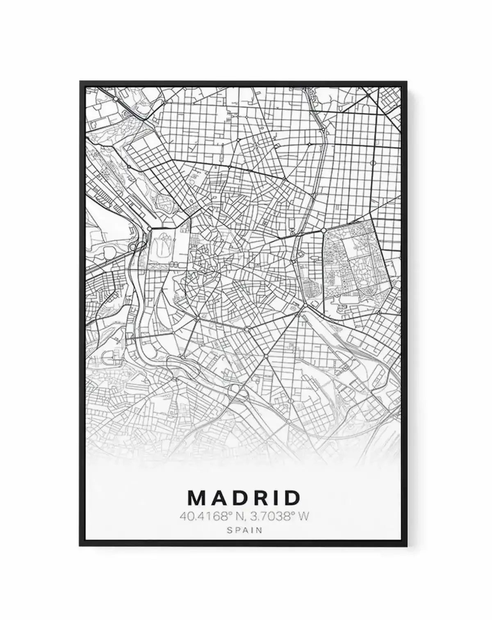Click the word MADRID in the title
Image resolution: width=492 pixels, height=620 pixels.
[244, 497]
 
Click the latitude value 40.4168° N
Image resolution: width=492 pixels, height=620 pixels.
[209, 516]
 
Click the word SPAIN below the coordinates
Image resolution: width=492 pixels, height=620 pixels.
[244, 530]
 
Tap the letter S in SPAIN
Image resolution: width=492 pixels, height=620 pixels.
[230, 530]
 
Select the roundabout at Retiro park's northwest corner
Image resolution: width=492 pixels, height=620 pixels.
[324, 230]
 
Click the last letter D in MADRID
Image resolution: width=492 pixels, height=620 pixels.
[293, 497]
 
